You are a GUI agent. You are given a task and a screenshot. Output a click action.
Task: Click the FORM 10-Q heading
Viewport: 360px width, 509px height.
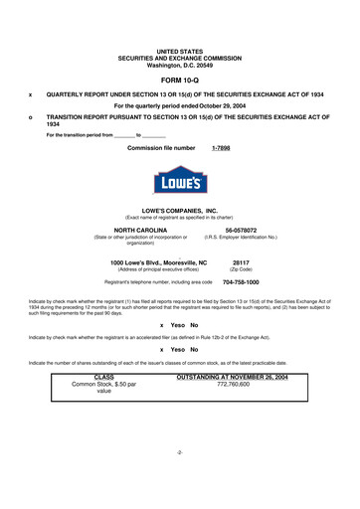(179, 78)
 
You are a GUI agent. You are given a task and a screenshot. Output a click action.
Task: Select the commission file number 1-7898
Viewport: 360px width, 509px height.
(224, 148)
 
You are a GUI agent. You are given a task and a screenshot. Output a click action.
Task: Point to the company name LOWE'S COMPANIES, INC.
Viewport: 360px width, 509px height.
(179, 212)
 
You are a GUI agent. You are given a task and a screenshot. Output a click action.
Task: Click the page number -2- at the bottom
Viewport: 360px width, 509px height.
(179, 480)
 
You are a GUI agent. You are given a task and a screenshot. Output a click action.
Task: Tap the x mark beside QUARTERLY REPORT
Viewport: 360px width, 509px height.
(32, 95)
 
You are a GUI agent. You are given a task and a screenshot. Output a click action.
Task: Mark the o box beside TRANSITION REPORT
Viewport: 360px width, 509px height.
(32, 117)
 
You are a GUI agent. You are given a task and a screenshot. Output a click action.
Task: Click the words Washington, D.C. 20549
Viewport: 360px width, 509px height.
(179, 63)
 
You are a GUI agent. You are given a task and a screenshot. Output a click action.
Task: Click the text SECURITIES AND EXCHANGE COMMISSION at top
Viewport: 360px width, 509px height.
(179, 56)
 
